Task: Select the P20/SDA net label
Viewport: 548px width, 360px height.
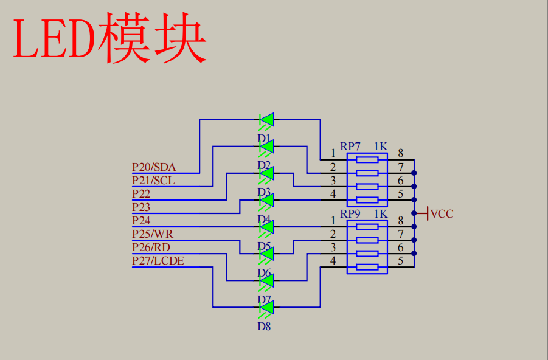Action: (x=153, y=167)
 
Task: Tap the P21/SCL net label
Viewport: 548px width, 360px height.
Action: (x=153, y=180)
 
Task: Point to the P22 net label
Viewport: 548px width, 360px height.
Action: (x=141, y=194)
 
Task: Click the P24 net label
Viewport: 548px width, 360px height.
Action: (x=141, y=221)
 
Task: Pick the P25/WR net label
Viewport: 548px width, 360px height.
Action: (x=152, y=234)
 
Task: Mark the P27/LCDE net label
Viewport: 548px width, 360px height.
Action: (x=158, y=261)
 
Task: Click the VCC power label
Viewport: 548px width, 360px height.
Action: (x=442, y=214)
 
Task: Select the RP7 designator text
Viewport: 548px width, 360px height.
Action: (x=350, y=147)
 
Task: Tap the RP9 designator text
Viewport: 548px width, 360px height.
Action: (x=350, y=214)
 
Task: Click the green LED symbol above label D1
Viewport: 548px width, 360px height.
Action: (x=266, y=120)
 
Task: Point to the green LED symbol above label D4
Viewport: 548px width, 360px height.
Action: (x=266, y=200)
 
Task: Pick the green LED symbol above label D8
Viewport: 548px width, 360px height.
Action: (x=266, y=308)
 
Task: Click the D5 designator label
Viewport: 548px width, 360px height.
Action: (x=264, y=246)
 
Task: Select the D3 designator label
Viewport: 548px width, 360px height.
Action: (x=264, y=192)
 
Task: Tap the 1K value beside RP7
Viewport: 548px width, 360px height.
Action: (x=381, y=147)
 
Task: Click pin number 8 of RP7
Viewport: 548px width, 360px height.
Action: (x=400, y=153)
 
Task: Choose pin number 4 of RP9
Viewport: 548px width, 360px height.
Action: (x=333, y=261)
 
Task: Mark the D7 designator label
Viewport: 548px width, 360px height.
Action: (x=264, y=299)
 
